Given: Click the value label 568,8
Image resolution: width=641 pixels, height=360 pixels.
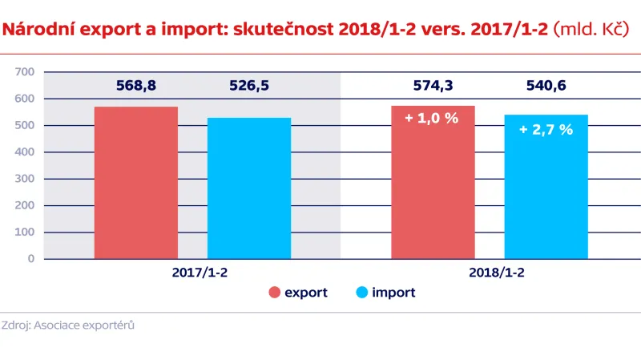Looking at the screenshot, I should (x=135, y=85).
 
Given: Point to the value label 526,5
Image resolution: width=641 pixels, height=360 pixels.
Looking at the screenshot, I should (x=248, y=85).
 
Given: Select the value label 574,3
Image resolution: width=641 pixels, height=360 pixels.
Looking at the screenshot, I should (x=433, y=85).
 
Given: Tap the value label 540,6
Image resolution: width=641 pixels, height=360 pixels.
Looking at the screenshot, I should (x=546, y=85).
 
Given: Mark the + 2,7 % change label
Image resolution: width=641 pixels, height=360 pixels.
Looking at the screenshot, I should (x=546, y=129).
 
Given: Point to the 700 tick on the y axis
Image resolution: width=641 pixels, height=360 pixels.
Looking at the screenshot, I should (x=24, y=72).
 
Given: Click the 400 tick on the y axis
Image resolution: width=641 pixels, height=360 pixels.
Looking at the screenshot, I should (x=24, y=152).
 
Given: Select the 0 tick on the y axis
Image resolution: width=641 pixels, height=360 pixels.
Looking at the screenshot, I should (x=30, y=259).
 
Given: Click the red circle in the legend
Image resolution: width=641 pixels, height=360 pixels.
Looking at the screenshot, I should (x=275, y=293).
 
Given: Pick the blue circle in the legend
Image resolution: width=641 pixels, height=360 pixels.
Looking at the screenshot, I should (x=360, y=293).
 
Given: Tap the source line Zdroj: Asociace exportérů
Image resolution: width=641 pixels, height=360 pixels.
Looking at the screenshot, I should (x=67, y=326).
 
